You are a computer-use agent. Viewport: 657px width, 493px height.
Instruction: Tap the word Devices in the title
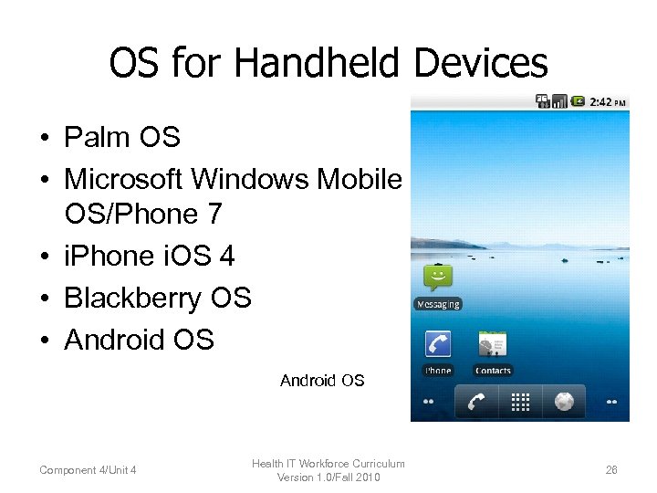(x=481, y=63)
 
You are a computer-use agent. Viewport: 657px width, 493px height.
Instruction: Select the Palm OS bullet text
(x=122, y=138)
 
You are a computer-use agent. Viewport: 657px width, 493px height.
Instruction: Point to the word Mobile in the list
(x=359, y=179)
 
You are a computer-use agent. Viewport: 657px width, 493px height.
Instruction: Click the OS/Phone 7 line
(x=143, y=214)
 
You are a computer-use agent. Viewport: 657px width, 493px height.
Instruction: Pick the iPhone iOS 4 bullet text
(x=150, y=256)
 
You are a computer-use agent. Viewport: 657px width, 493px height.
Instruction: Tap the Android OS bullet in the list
(x=139, y=340)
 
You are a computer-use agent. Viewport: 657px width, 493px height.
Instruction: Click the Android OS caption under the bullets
(x=322, y=381)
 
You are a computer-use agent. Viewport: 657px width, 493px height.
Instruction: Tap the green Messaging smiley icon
(x=438, y=278)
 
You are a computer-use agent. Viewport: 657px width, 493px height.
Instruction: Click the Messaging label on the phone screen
(x=438, y=304)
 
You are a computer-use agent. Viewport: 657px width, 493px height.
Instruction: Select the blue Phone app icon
(x=438, y=344)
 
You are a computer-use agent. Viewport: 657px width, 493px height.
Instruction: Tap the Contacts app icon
(x=493, y=344)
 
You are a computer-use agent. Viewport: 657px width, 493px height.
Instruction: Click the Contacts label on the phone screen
(x=493, y=371)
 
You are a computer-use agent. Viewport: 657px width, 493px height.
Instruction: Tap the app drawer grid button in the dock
(x=520, y=402)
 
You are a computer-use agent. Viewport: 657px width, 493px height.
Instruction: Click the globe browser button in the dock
(x=564, y=402)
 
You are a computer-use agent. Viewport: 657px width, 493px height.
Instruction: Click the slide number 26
(x=611, y=470)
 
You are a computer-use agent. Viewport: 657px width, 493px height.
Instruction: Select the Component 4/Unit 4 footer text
(x=89, y=470)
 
